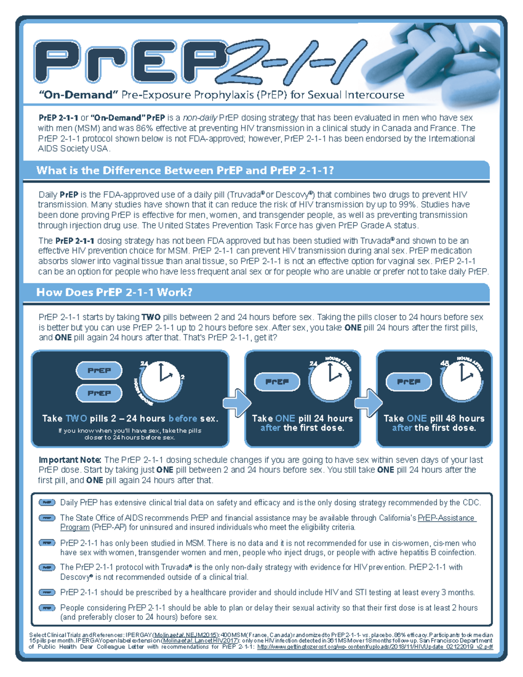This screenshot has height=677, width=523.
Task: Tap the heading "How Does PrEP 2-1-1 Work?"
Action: click(114, 292)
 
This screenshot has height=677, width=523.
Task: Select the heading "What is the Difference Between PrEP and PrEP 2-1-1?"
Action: click(185, 170)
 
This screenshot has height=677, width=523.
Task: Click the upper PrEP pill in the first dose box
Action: click(99, 371)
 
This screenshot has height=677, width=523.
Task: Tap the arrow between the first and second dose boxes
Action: click(236, 402)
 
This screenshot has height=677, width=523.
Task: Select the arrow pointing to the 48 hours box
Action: click(368, 402)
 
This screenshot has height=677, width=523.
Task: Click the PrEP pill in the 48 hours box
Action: click(408, 382)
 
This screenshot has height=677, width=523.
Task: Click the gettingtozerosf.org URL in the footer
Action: click(375, 647)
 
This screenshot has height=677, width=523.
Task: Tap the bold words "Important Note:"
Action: click(70, 460)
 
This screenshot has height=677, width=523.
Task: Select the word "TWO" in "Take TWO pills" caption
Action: click(76, 418)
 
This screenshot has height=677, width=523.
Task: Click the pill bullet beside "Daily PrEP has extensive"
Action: click(47, 503)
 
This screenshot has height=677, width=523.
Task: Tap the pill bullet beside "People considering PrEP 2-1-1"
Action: click(47, 608)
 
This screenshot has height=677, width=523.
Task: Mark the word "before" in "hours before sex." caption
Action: click(183, 418)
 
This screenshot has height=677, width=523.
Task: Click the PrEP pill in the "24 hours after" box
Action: click(277, 382)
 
